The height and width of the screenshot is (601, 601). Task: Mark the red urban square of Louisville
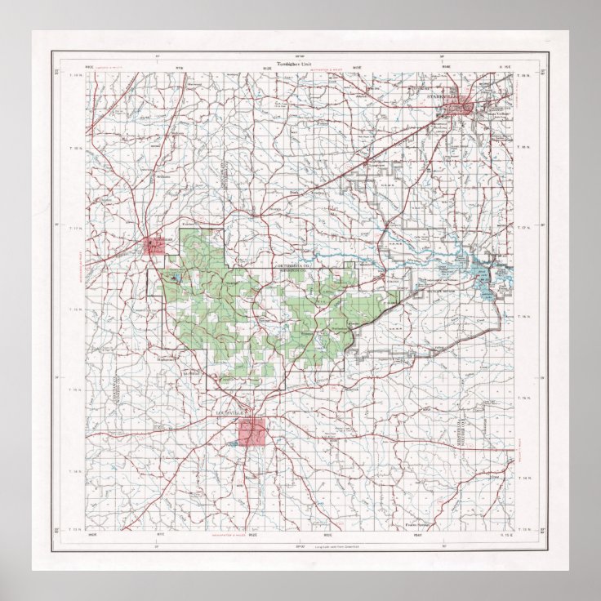[x=252, y=430]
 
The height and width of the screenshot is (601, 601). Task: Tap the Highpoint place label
[x=167, y=358]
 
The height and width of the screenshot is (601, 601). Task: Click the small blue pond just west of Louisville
[x=234, y=443]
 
